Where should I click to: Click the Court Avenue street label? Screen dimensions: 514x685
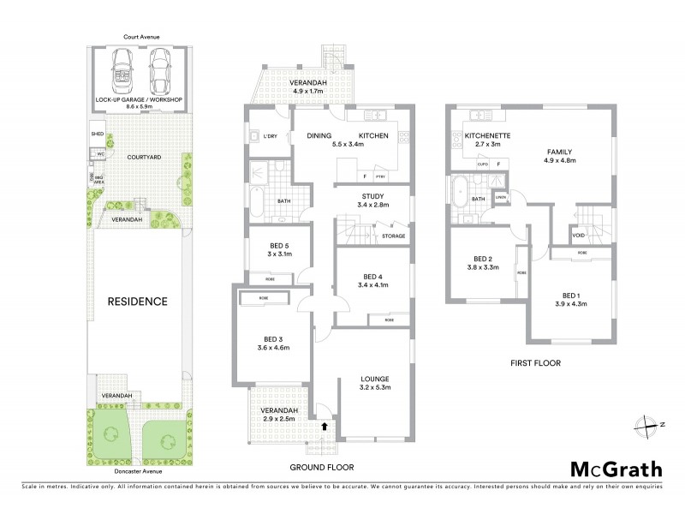(x=140, y=37)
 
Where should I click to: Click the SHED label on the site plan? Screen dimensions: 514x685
(x=97, y=134)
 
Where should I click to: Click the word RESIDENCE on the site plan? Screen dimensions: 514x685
(x=137, y=302)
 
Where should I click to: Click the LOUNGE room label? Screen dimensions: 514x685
(x=375, y=378)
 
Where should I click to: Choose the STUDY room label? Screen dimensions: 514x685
(x=372, y=195)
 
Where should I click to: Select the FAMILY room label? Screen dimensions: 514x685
(x=559, y=152)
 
